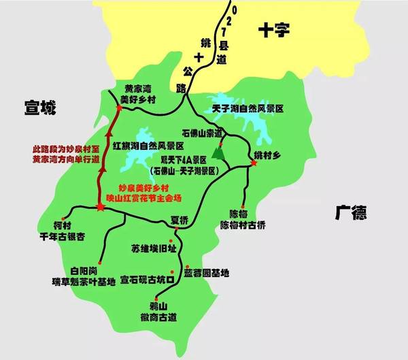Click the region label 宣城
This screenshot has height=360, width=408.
point(39,108)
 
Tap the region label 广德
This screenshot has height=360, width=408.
point(351,214)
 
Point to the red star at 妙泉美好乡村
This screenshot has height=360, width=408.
point(101,206)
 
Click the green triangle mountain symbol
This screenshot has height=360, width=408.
point(218,153)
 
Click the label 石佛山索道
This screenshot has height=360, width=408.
point(204,133)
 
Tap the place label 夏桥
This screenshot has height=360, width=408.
point(179,220)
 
